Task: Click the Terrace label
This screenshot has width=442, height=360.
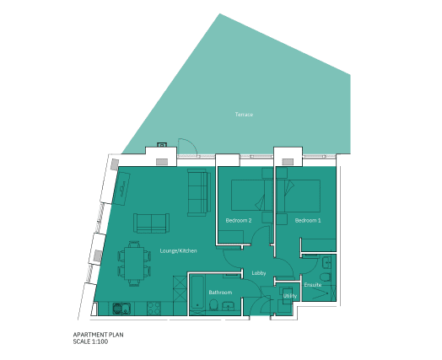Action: pos(244,115)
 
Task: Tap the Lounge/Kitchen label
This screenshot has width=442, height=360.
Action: pos(178,250)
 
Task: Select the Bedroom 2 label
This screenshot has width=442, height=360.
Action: pos(239,220)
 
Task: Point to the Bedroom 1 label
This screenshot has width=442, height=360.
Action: pos(308,220)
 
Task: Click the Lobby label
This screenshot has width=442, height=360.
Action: pos(259,273)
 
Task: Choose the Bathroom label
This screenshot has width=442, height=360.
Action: pos(220,293)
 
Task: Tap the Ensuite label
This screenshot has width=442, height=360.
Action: pos(313,285)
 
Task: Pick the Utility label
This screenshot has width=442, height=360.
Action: pos(290,296)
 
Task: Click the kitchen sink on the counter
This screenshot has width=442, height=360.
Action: pos(121,309)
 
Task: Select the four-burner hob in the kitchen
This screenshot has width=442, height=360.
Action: pos(154,309)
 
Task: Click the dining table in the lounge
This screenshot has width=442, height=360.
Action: pos(134,263)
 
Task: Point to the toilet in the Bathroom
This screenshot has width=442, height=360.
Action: pos(213,305)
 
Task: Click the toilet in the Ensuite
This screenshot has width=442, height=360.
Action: pos(326,277)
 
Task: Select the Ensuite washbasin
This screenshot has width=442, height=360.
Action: pos(327,263)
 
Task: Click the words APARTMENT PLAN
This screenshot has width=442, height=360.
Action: pos(98,335)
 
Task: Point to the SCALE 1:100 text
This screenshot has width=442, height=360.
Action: pos(90,341)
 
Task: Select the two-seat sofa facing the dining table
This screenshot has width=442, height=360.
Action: pos(151,223)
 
